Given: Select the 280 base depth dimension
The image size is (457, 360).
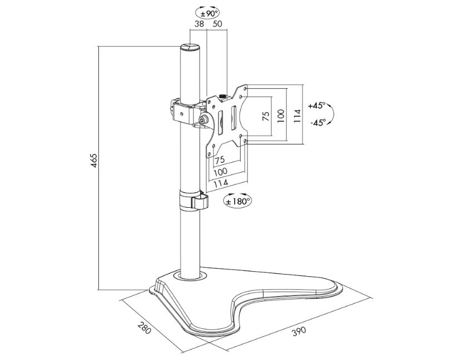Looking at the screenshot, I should coord(143,328).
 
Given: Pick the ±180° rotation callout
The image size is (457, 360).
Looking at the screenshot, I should coord(238,201).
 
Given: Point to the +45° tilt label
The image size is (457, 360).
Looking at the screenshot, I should coord(316,105).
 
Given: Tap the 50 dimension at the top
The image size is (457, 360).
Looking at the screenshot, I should coord(217,24).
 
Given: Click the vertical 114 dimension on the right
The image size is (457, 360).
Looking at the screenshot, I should coord(298,115).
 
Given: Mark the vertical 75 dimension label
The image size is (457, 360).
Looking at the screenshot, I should coord(266,116).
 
